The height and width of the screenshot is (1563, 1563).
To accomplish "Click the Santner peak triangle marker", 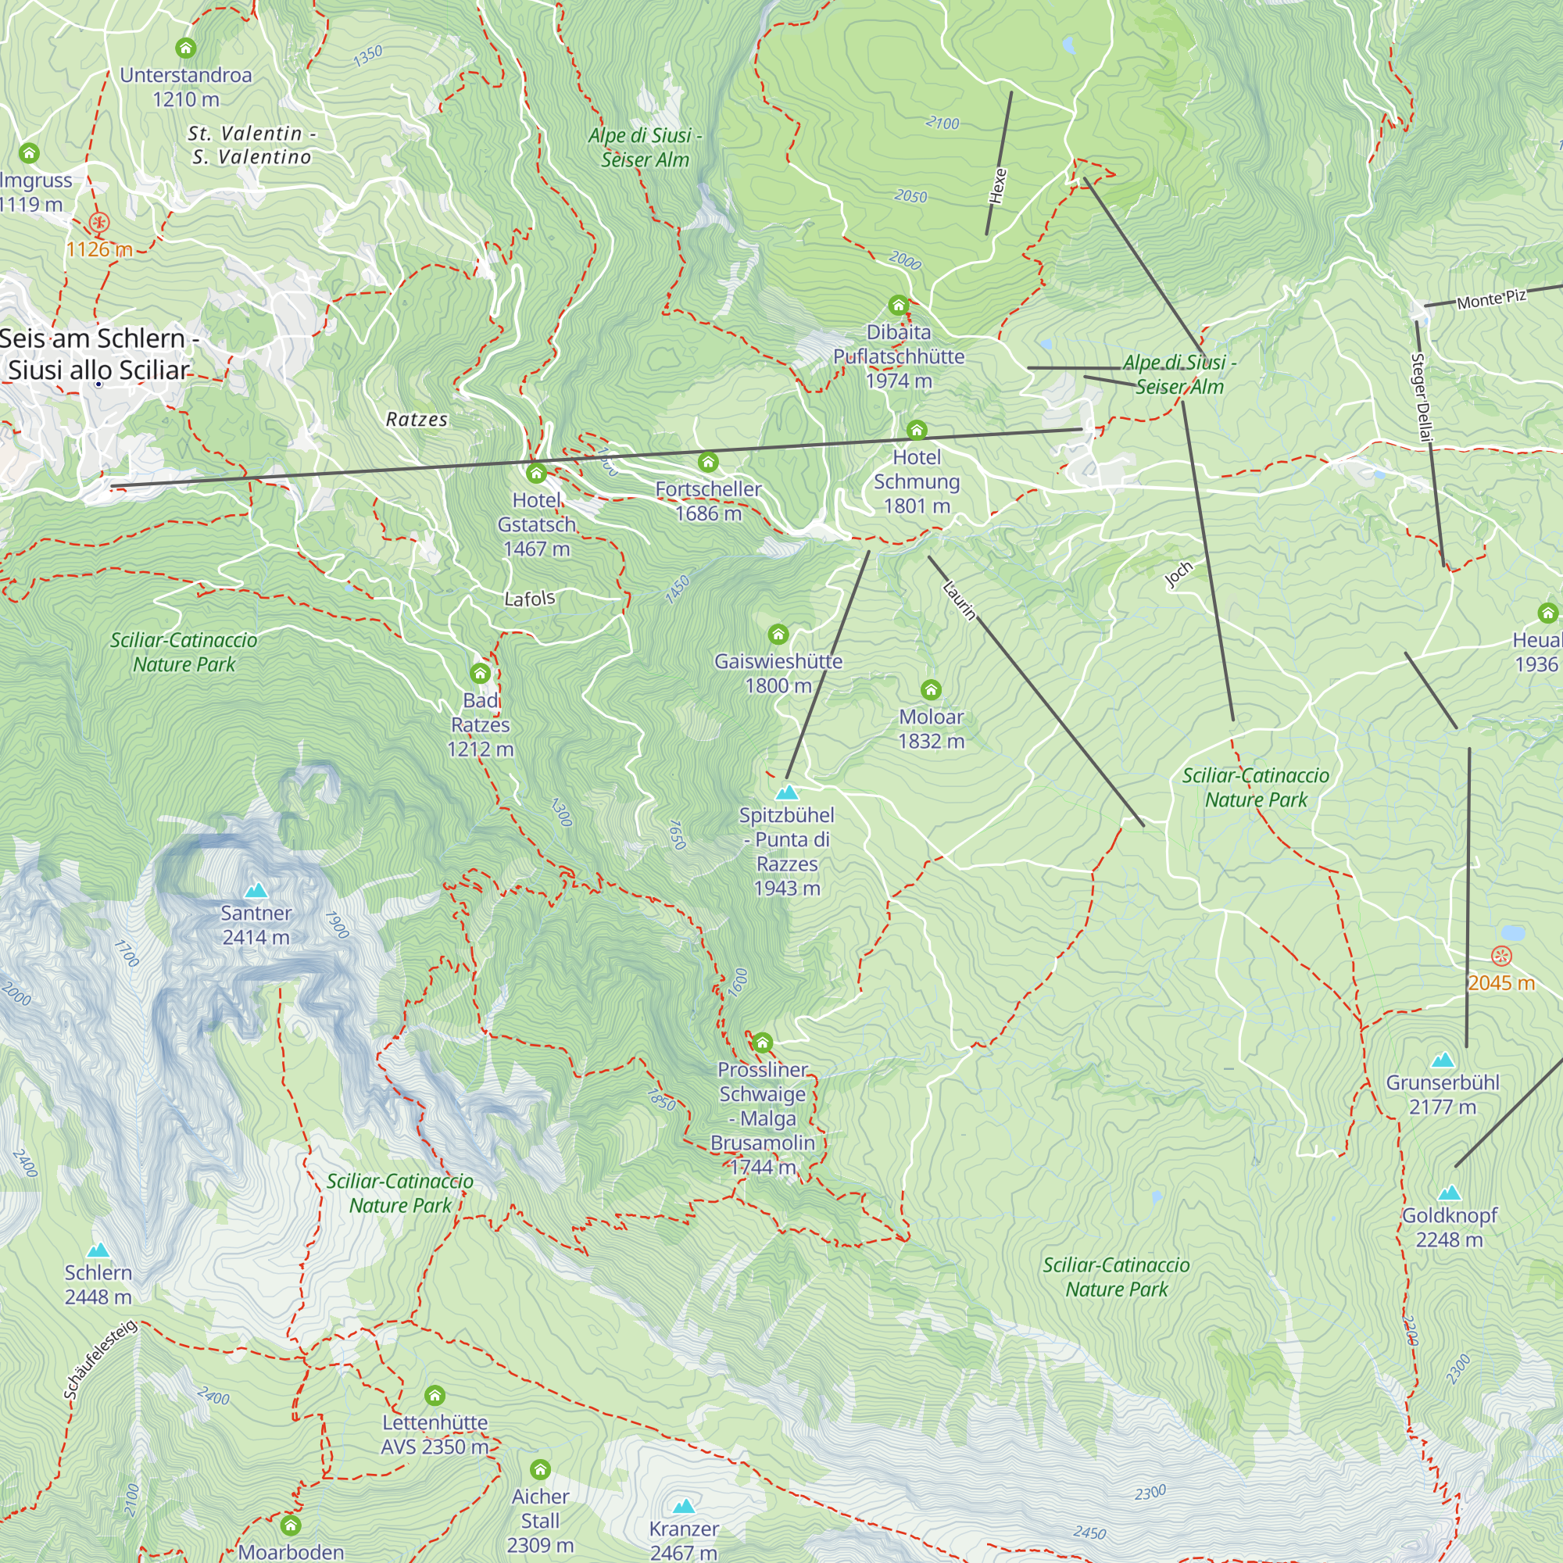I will (256, 891).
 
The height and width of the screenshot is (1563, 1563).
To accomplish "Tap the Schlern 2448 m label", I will (98, 1285).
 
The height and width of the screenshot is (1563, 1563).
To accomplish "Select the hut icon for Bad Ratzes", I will (480, 673).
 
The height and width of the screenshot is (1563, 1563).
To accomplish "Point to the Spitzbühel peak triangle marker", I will (786, 792).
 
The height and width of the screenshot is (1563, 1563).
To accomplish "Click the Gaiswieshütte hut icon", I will (778, 634).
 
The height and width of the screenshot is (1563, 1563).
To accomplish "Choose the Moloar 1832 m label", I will (932, 729).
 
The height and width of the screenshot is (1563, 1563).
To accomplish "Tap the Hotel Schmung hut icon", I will (916, 430).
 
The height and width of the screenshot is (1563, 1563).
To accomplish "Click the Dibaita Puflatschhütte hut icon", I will (898, 305).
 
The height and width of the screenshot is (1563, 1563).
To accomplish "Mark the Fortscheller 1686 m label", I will (708, 501).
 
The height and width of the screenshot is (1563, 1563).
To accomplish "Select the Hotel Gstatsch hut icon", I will (535, 474).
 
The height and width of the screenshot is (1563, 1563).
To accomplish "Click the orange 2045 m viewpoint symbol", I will (1501, 957).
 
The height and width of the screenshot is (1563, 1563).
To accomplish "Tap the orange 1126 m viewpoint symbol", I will (98, 223).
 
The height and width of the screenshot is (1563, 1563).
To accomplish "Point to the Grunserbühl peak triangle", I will (1443, 1060).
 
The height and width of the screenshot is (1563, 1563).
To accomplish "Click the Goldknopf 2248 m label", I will (1449, 1227).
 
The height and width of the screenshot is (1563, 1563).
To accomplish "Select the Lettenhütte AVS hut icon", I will (435, 1396).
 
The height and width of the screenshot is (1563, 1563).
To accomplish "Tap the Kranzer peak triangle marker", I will (684, 1507).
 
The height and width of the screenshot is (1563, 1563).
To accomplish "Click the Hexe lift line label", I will (998, 186).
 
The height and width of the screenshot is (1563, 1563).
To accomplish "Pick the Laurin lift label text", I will (960, 600).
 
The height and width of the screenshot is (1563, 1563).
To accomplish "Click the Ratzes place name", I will (417, 419).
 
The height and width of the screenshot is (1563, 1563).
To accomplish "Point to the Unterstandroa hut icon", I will (185, 48).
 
